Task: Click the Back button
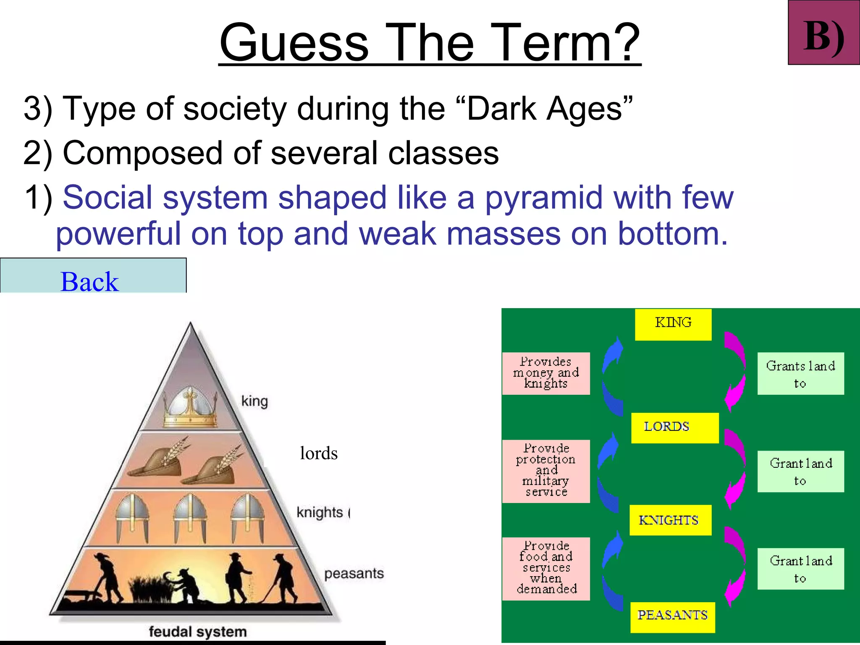[93, 277]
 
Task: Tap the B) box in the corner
[823, 33]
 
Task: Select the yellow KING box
[673, 324]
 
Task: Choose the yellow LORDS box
[674, 427]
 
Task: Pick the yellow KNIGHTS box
[670, 520]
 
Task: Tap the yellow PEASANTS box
[672, 616]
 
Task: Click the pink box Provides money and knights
[546, 373]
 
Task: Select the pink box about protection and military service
[546, 471]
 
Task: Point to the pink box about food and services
[546, 568]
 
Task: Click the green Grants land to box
[800, 373]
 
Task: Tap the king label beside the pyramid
[254, 401]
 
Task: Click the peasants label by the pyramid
[354, 574]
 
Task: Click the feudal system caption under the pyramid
[197, 632]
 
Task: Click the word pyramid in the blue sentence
[544, 197]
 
